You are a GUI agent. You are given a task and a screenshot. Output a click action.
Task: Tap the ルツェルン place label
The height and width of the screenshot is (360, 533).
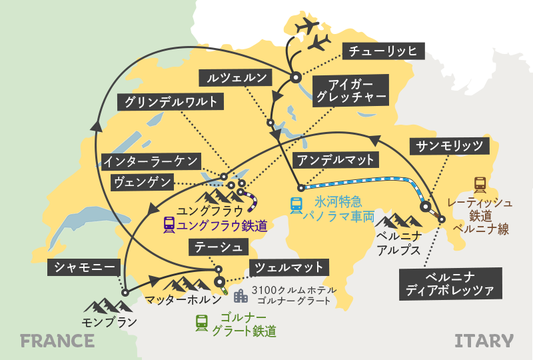point(237,78)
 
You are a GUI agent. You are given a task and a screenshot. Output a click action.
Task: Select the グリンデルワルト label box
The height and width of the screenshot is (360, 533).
point(170,102)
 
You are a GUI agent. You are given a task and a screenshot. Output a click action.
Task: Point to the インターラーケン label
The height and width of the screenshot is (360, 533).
point(150,161)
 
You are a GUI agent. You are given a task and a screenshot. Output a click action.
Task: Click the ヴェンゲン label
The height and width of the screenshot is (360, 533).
point(141,181)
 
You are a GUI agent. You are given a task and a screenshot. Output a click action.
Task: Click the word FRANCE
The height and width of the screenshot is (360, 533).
point(57,341)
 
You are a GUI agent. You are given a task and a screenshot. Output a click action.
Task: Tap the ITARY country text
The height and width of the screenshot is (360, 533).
point(484,341)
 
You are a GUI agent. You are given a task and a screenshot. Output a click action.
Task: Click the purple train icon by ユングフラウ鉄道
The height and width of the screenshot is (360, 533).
point(169,225)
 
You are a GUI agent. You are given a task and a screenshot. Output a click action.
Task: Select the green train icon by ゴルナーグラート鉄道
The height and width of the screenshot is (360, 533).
point(201,323)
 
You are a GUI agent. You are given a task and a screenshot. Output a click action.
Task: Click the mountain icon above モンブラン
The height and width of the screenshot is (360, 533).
point(105,306)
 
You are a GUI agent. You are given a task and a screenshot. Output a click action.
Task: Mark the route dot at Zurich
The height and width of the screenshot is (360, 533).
point(296,77)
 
